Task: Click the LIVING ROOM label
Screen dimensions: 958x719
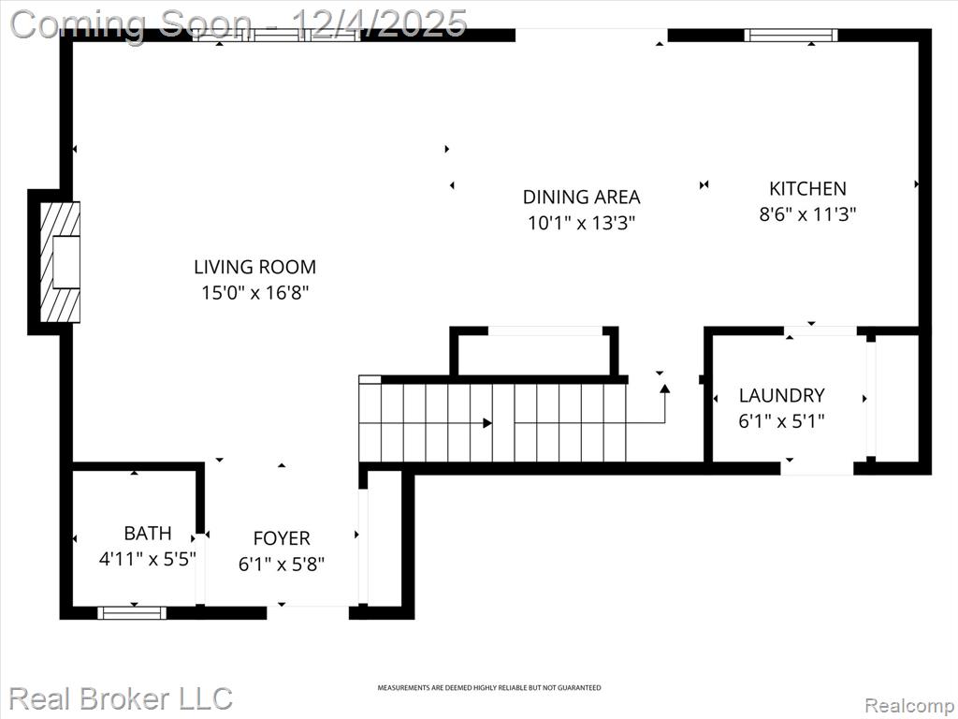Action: (254, 267)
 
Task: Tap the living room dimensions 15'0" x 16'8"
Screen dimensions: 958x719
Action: (255, 293)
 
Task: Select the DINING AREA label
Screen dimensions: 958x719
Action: (581, 197)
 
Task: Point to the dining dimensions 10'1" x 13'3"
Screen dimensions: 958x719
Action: (582, 223)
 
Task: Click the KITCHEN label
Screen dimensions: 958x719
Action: (807, 188)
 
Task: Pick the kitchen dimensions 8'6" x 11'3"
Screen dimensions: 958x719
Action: (807, 214)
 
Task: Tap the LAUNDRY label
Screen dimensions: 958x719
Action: (781, 396)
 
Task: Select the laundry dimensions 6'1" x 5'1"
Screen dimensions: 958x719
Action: (781, 421)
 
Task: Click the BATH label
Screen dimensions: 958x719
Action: (147, 533)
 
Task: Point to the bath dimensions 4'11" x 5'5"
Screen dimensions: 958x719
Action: (147, 559)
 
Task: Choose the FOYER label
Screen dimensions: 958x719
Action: (282, 538)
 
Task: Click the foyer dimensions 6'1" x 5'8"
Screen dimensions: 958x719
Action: (282, 564)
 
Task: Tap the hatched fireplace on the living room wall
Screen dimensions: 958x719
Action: (60, 262)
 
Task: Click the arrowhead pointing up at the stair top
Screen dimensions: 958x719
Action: (665, 389)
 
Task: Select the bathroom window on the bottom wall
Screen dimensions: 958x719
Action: (132, 612)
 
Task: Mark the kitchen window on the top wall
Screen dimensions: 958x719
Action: (791, 36)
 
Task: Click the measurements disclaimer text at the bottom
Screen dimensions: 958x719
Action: (488, 688)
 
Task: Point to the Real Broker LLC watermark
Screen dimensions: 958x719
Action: (121, 698)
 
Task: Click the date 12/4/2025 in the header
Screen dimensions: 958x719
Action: (380, 22)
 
